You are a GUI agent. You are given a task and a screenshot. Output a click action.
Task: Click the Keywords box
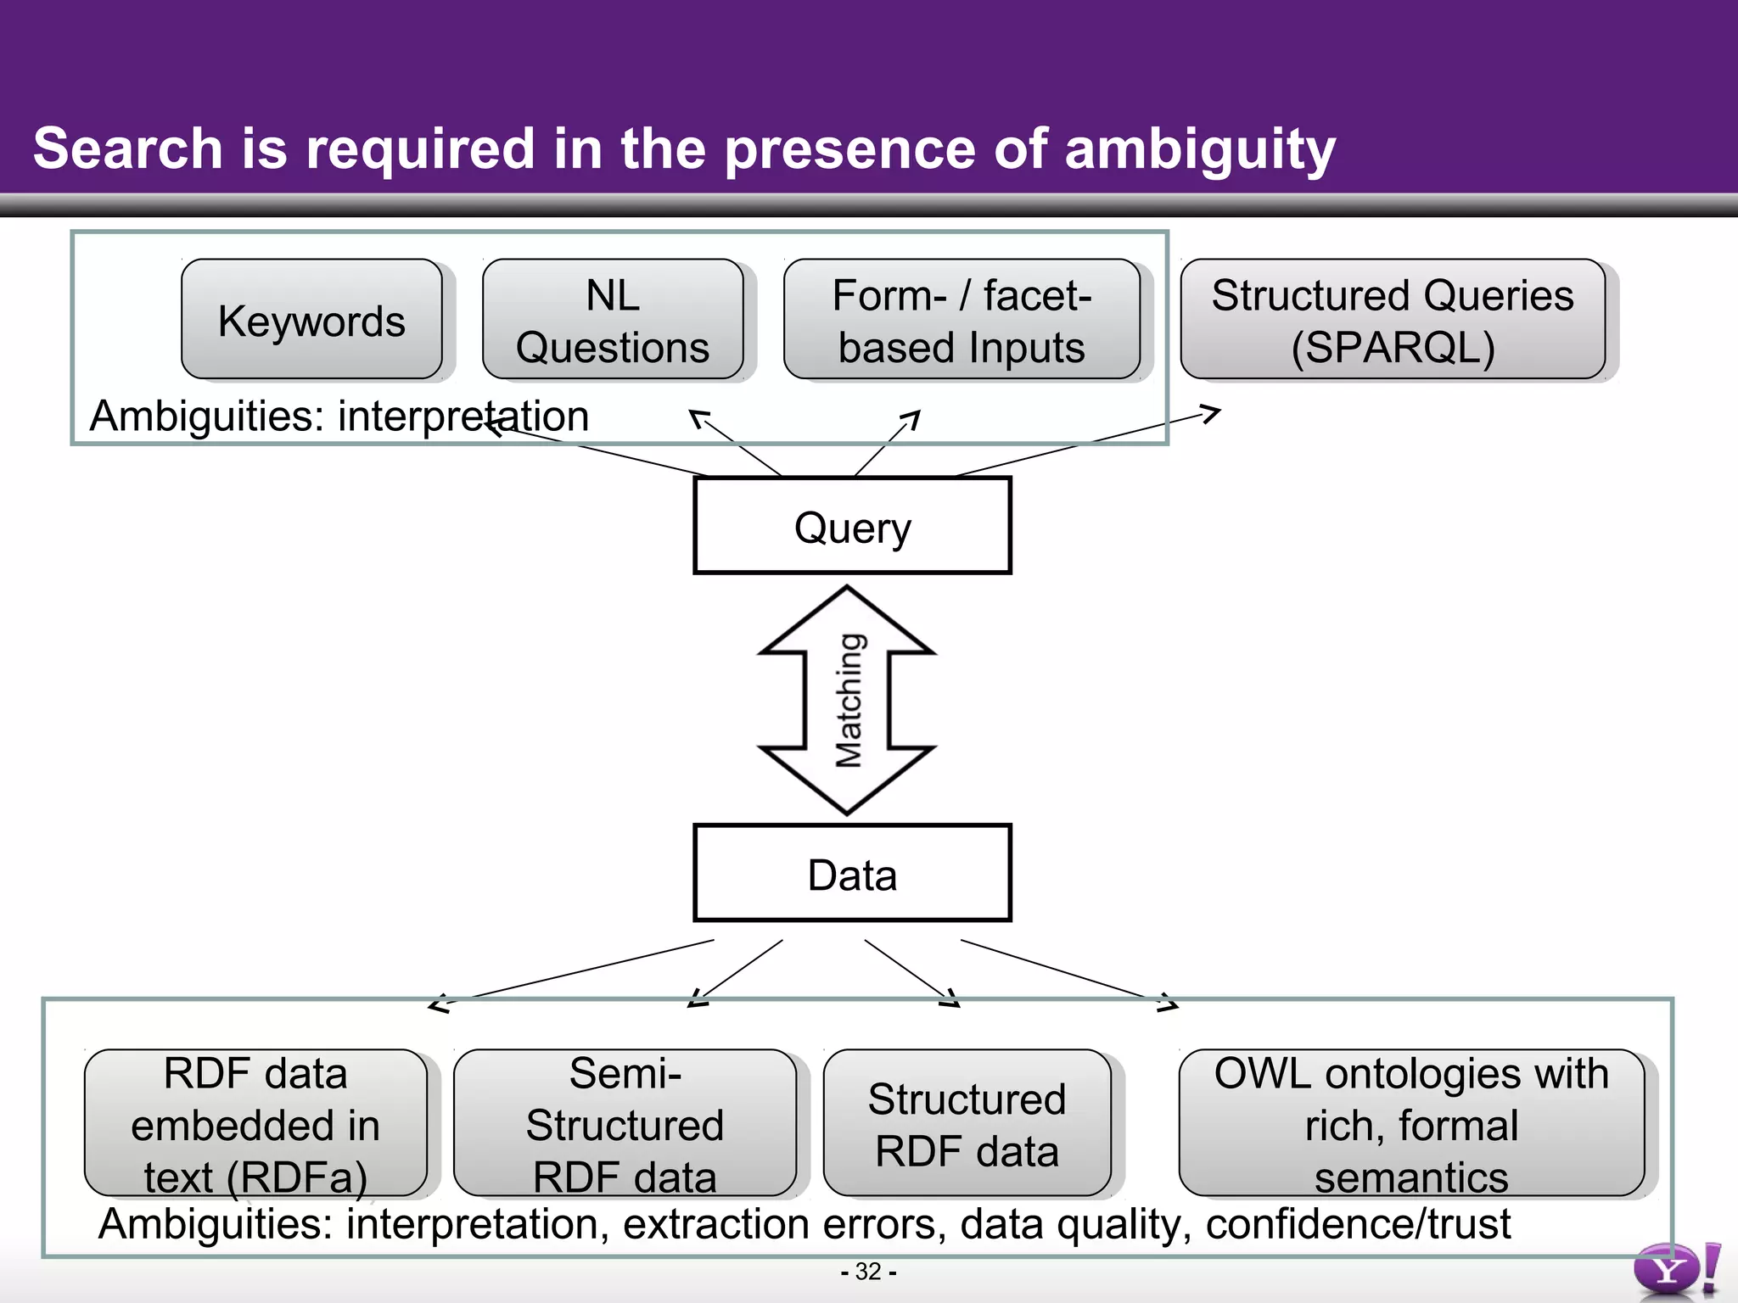(311, 320)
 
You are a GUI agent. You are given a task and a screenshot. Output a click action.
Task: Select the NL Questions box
(612, 320)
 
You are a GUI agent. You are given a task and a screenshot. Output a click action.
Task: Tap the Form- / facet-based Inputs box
(961, 320)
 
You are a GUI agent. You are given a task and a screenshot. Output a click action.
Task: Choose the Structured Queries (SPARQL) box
(1392, 320)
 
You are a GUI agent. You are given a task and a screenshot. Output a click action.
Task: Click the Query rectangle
(852, 526)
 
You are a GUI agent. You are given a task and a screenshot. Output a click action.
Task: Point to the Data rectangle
(852, 873)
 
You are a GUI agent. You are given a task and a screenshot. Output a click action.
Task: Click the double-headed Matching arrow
(847, 701)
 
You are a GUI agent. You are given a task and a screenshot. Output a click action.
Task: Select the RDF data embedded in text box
(255, 1123)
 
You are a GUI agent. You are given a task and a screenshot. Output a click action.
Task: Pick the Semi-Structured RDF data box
(625, 1123)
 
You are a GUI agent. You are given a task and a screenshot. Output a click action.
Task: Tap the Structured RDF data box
(967, 1123)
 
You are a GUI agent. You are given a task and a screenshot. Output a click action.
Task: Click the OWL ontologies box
(1410, 1123)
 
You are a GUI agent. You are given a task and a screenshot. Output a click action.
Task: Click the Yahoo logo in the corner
(1675, 1270)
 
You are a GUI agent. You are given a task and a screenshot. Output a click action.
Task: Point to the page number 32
(868, 1272)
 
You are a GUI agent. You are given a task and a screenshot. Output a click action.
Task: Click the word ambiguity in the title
(1199, 149)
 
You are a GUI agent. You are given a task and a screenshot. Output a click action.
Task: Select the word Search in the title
(127, 149)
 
